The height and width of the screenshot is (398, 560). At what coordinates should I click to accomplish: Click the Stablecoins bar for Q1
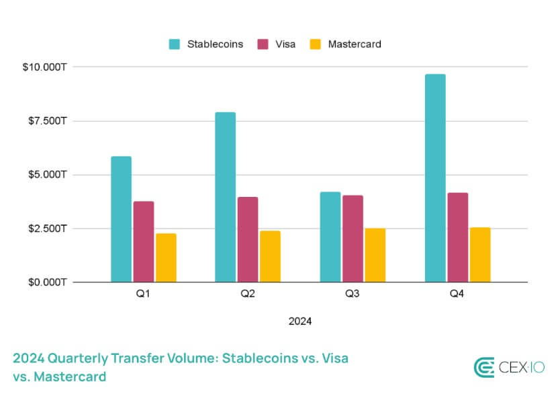tap(122, 219)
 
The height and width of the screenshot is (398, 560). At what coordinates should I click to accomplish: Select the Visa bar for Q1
tap(144, 241)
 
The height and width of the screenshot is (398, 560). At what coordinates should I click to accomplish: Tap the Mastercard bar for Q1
tap(166, 257)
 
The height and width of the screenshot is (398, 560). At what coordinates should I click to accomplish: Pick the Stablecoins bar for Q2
tap(226, 197)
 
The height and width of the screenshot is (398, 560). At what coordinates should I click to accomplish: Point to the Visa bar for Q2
tap(248, 239)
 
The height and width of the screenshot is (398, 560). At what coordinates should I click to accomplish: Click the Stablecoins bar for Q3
tap(330, 237)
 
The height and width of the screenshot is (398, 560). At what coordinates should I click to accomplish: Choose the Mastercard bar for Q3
tap(375, 255)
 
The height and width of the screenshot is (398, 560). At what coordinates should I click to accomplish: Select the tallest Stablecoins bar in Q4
tap(435, 178)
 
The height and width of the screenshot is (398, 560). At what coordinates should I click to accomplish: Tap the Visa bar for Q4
tap(457, 237)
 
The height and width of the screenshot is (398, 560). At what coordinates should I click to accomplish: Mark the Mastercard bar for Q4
tap(479, 255)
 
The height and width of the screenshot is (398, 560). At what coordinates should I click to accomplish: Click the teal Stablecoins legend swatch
tap(175, 44)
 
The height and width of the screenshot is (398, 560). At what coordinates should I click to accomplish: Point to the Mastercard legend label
tap(355, 44)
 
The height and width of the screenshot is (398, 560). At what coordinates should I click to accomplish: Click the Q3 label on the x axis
tap(353, 294)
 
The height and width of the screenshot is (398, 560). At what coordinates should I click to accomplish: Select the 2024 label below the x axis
tap(300, 321)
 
